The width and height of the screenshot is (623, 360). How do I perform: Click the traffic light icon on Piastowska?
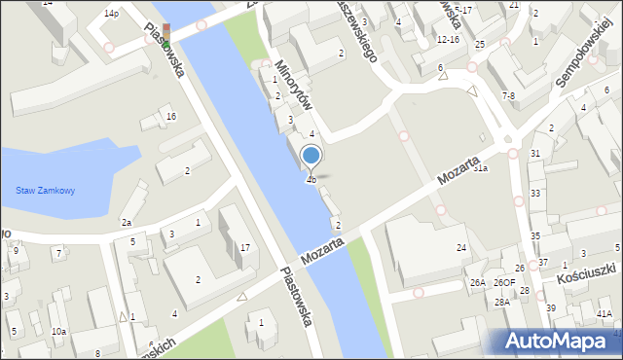pyautogui.click(x=166, y=36)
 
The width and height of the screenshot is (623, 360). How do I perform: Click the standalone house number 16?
pyautogui.click(x=170, y=117)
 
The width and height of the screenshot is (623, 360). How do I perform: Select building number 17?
pyautogui.click(x=245, y=247)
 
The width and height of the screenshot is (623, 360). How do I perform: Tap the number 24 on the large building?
pyautogui.click(x=461, y=248)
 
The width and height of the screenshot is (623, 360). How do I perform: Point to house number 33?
pyautogui.click(x=536, y=194)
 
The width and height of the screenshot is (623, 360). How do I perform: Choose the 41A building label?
pyautogui.click(x=605, y=313)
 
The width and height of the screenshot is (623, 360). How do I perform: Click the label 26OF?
pyautogui.click(x=504, y=283)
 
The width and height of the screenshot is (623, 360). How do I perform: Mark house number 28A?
pyautogui.click(x=501, y=302)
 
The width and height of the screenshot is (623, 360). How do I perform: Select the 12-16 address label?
pyautogui.click(x=448, y=40)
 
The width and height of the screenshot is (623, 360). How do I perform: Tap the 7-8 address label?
pyautogui.click(x=508, y=95)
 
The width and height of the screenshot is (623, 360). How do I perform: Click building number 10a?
pyautogui.click(x=58, y=332)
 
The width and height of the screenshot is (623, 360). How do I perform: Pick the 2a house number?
pyautogui.click(x=127, y=223)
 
